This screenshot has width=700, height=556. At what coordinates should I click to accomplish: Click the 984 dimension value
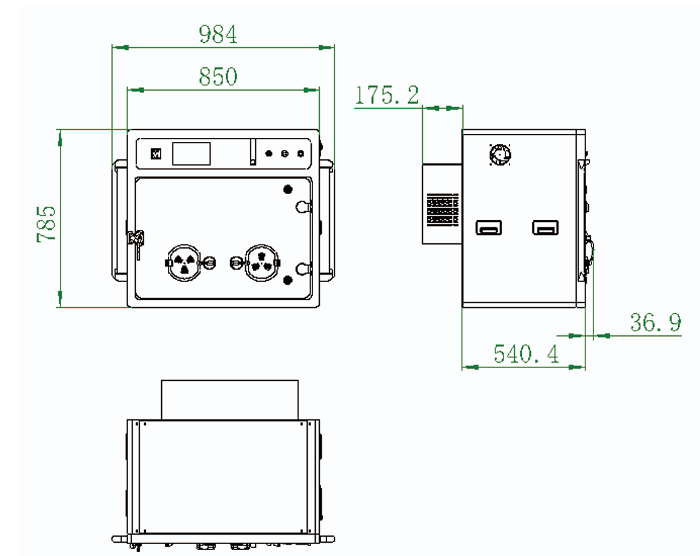point(218,34)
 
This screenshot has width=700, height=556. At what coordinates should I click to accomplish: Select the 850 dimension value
point(218,77)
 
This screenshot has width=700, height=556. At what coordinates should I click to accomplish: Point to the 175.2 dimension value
point(386,95)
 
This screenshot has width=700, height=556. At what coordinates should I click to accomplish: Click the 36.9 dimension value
point(655,323)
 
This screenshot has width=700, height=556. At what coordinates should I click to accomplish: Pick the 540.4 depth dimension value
point(525,354)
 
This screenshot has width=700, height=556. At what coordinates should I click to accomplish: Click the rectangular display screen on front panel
point(191,154)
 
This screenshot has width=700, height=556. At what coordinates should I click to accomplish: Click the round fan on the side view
point(500,155)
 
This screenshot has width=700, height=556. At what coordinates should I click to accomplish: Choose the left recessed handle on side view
point(488,228)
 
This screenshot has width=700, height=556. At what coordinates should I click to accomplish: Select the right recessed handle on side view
point(545,228)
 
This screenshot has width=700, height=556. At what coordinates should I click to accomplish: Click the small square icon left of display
point(157,153)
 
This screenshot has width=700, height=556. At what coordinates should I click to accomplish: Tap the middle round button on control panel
point(284,154)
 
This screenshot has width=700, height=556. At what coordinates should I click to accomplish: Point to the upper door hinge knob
point(303,206)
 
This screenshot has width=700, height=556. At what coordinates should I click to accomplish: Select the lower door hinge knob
point(303,269)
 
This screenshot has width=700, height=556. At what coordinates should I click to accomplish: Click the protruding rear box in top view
point(229,399)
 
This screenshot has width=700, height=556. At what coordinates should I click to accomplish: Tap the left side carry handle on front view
point(118,220)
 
